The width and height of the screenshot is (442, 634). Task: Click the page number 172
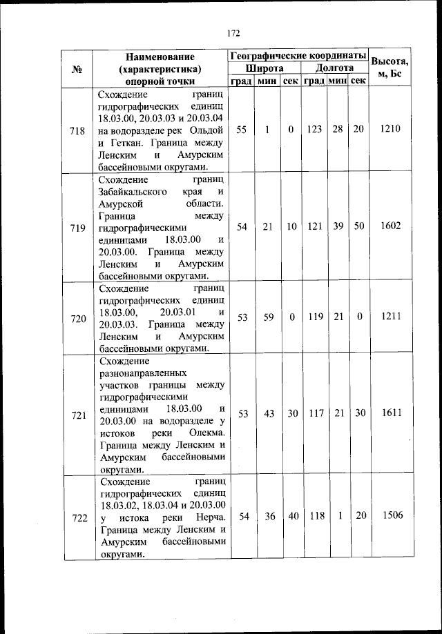click(233, 32)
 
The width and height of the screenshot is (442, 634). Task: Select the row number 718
click(78, 130)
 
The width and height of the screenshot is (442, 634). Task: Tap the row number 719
click(78, 227)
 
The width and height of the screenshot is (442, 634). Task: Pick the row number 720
click(78, 318)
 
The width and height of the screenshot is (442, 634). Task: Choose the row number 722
click(78, 517)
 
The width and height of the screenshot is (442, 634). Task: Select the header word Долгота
click(335, 68)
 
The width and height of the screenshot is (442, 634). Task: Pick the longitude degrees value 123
click(314, 129)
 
